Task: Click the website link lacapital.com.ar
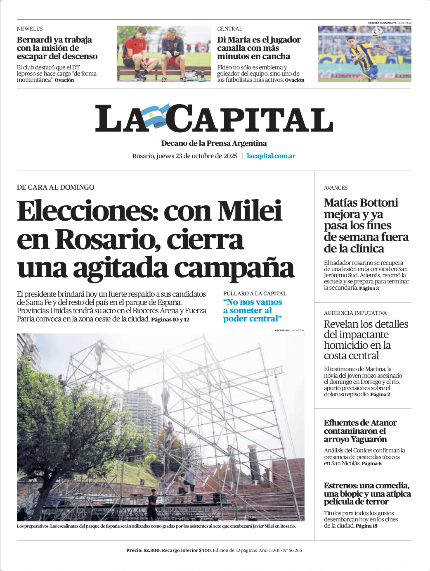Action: pyautogui.click(x=271, y=156)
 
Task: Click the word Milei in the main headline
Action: pyautogui.click(x=250, y=211)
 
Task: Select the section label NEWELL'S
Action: pyautogui.click(x=30, y=29)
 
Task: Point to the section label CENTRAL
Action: pyautogui.click(x=230, y=29)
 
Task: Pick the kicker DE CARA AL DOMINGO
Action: pyautogui.click(x=55, y=187)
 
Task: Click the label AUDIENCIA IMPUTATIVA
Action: pyautogui.click(x=355, y=313)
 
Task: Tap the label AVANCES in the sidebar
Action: pyautogui.click(x=335, y=188)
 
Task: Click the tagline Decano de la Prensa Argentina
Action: pyautogui.click(x=214, y=143)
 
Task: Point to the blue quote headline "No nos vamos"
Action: pyautogui.click(x=253, y=302)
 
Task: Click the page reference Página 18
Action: pyautogui.click(x=366, y=526)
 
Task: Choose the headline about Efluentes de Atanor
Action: pyautogui.click(x=360, y=431)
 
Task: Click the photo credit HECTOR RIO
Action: pyautogui.click(x=282, y=331)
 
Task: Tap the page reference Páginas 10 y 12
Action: pyautogui.click(x=170, y=319)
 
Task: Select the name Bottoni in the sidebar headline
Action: pyautogui.click(x=379, y=203)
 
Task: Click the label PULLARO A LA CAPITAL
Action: pyautogui.click(x=255, y=293)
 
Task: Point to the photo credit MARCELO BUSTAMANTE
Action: pyautogui.click(x=382, y=23)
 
